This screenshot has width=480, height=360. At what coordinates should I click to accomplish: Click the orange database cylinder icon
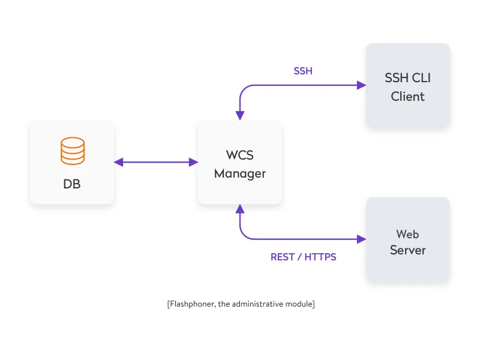tap(72, 151)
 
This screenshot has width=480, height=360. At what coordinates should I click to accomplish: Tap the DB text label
tap(72, 184)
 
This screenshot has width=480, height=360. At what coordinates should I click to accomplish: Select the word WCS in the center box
tap(240, 155)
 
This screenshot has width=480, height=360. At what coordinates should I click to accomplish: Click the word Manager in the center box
tap(240, 174)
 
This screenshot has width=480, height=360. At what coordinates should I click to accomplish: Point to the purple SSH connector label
tap(303, 71)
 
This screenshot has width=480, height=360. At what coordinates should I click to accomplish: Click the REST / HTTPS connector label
tap(304, 257)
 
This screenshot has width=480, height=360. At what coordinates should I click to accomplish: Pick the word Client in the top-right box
tap(408, 97)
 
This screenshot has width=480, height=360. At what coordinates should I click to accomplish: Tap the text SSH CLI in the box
tap(408, 78)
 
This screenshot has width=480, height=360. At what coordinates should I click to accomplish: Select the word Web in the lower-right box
tap(408, 234)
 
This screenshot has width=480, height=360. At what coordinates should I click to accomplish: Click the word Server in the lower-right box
tap(408, 250)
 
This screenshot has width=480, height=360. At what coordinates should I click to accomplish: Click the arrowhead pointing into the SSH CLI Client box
tap(362, 85)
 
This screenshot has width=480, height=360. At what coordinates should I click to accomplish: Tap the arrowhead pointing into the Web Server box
tap(362, 239)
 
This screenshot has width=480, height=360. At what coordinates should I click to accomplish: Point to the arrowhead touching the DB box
tap(118, 162)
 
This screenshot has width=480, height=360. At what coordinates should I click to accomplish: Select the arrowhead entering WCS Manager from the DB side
tap(194, 162)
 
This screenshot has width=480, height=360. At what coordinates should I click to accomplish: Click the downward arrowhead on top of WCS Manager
tap(240, 115)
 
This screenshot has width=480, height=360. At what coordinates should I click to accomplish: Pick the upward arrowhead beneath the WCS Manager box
tap(240, 209)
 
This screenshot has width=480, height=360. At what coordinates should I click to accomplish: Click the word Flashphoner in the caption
tap(191, 304)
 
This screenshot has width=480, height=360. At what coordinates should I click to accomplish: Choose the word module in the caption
tap(299, 304)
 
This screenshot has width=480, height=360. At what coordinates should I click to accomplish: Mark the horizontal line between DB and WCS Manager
tap(156, 162)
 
